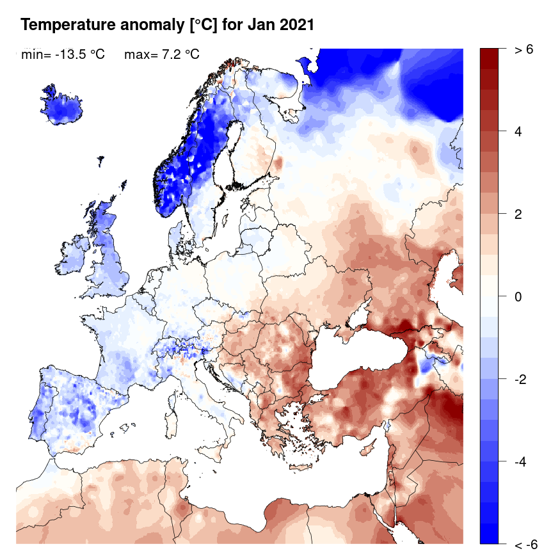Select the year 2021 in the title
click(x=297, y=25)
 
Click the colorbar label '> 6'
click(x=524, y=50)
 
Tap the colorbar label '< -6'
click(x=525, y=545)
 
